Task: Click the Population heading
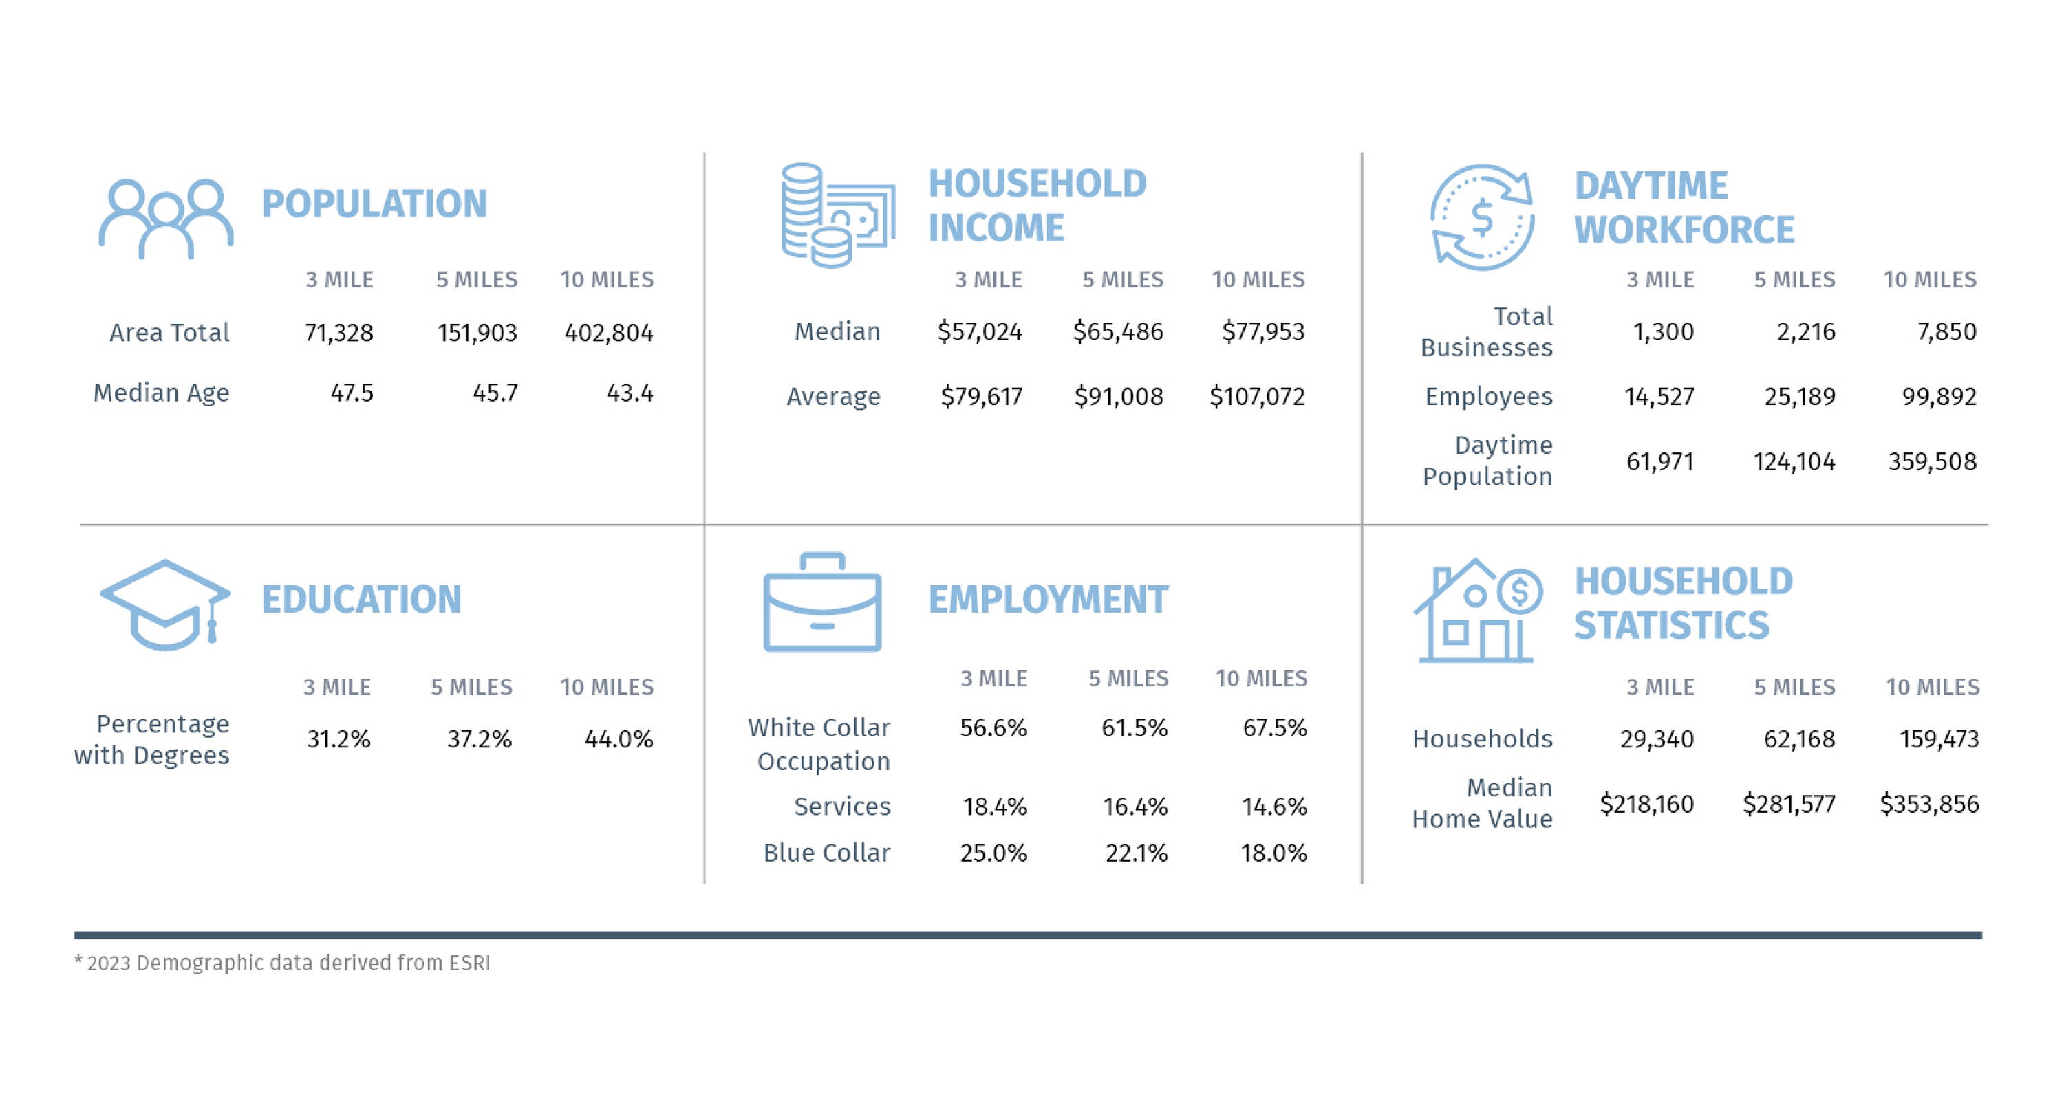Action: click(374, 204)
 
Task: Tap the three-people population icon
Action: click(166, 218)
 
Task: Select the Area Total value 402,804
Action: click(608, 332)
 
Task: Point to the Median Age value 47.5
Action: click(352, 393)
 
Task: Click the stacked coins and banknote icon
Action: click(837, 215)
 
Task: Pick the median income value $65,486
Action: click(1118, 331)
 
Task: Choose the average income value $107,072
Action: click(1256, 396)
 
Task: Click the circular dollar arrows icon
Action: click(1483, 217)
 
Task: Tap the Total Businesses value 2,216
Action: click(1805, 331)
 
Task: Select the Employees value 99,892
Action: click(1939, 396)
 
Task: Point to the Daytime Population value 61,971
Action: click(1659, 461)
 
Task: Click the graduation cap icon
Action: click(165, 604)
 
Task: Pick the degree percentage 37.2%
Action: click(479, 739)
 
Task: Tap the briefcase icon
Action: click(822, 602)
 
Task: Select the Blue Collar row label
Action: click(826, 853)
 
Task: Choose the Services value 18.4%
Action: click(994, 807)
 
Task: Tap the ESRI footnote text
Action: click(282, 963)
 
